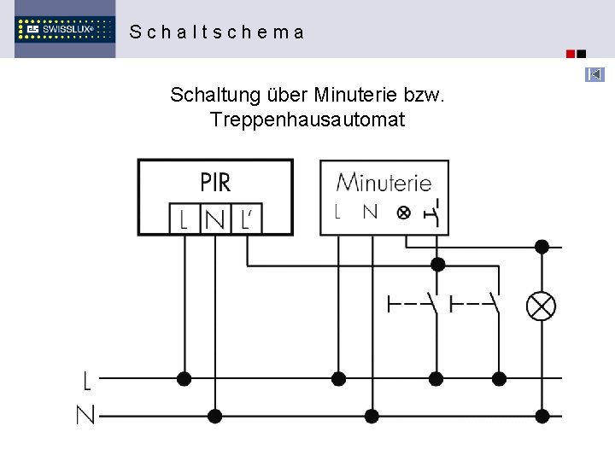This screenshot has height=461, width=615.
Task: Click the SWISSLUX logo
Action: click(x=65, y=29)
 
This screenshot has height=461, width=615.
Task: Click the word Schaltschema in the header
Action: click(x=216, y=32)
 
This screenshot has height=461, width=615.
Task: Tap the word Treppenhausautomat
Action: click(x=307, y=120)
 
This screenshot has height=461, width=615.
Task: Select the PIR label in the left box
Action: click(x=215, y=182)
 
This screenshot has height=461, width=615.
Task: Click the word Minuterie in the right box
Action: click(x=384, y=182)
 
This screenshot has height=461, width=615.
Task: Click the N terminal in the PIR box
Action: click(x=215, y=220)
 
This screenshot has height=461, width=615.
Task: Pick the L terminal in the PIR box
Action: click(x=184, y=220)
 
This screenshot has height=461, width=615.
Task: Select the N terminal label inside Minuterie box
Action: click(x=370, y=211)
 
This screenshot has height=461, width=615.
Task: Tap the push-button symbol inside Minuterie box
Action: click(x=435, y=213)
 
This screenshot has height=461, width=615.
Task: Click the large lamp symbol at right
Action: click(x=542, y=306)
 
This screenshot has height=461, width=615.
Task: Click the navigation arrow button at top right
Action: click(x=594, y=75)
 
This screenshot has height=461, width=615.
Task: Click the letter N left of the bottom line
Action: click(x=85, y=416)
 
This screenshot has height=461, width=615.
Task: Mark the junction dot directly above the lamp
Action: click(x=542, y=247)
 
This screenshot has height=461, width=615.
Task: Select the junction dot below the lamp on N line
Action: click(x=542, y=416)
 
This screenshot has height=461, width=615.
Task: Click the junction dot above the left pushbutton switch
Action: click(x=437, y=264)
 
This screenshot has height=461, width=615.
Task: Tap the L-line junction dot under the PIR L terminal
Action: click(x=184, y=379)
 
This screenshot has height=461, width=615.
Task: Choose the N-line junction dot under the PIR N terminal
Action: click(x=215, y=416)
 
